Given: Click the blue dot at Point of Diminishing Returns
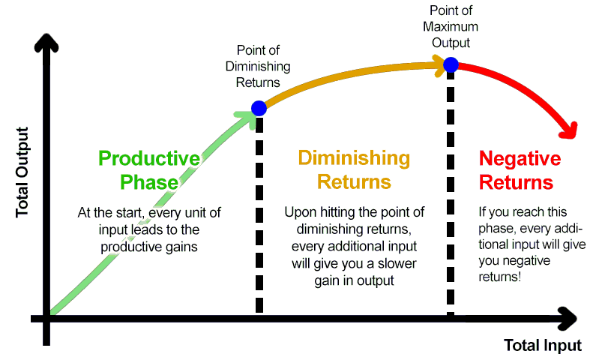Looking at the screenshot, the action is pos(259,109).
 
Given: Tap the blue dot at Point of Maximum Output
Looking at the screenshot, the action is pos(451,64).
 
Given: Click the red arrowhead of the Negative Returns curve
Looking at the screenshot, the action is pos(568,130).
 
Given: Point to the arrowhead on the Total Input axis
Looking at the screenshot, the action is pos(568,318).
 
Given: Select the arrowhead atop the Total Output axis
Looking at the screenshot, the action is pos(46,43).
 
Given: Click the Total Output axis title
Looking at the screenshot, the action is pos(22,172).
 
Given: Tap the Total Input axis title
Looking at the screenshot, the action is pos(543,345).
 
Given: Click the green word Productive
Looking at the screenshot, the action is pos(149,158).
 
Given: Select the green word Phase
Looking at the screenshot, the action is pos(149,182).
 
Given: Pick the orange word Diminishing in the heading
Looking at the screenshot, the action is pos(354,158).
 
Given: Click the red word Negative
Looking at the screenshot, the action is pos(520,158).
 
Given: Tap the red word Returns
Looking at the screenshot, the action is pos(516,182).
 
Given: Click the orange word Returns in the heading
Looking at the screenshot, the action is pos(354,182).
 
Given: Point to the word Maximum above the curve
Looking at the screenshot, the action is pos(451,26).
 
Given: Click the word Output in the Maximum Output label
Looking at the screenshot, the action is pos(451,43).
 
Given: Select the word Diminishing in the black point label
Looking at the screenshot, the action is pos(258,67).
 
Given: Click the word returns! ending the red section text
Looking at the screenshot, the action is pos(500,277).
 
